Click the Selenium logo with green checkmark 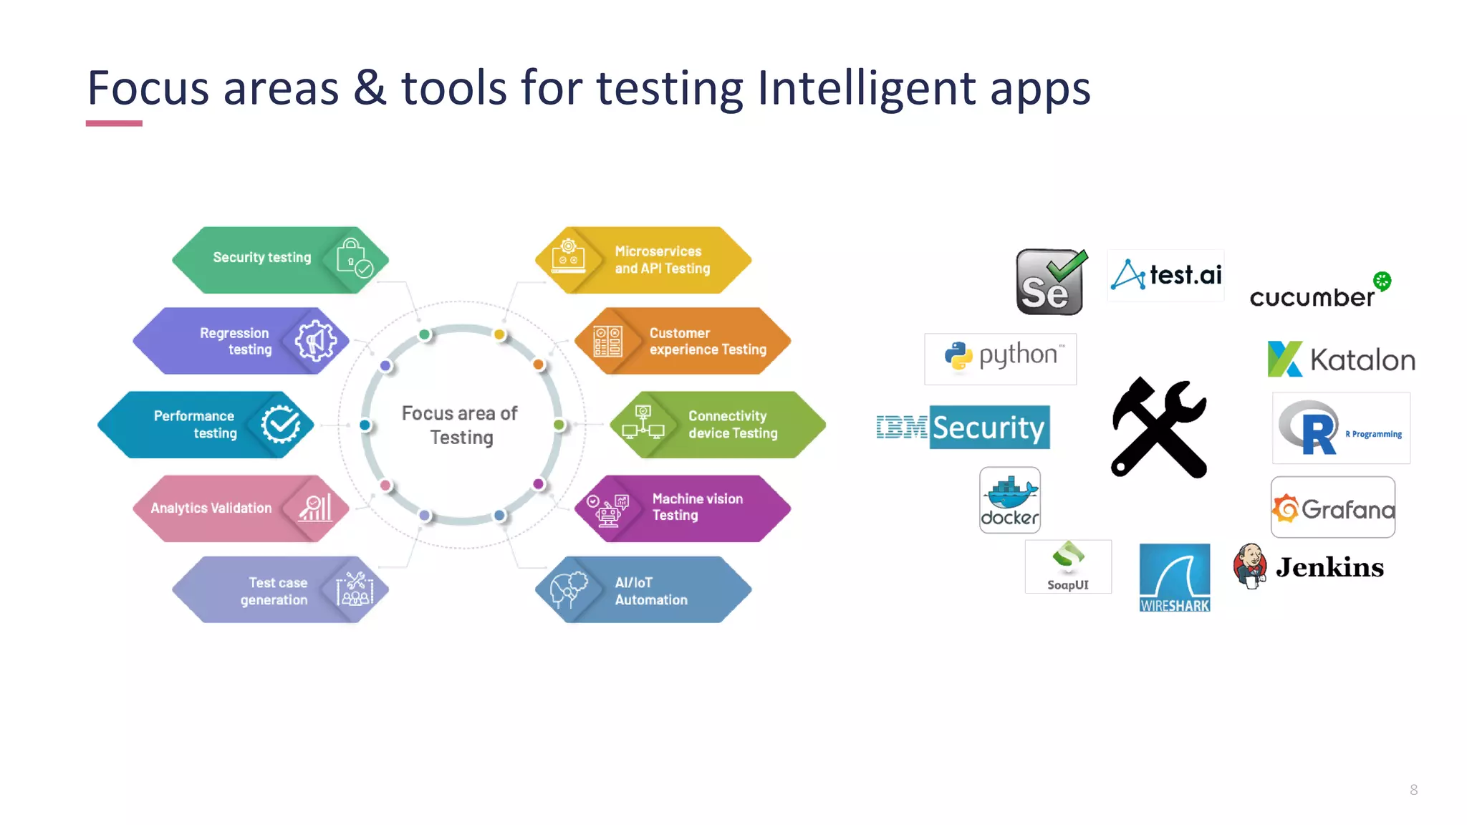[x=1050, y=282]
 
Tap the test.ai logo [x=1166, y=275]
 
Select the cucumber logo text [x=1312, y=297]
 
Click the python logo [x=1001, y=357]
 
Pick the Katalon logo [x=1341, y=359]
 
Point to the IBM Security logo [x=963, y=428]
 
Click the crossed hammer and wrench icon [x=1158, y=428]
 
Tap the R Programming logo [x=1340, y=428]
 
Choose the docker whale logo [x=1009, y=500]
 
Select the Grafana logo [x=1333, y=508]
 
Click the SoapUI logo [x=1068, y=566]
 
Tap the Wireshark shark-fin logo [x=1175, y=577]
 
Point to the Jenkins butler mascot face [x=1249, y=558]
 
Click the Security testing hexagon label [x=262, y=258]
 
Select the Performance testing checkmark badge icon [x=280, y=425]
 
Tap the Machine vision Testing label [x=697, y=507]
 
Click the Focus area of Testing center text [x=460, y=425]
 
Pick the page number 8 [x=1413, y=790]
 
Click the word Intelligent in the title [x=866, y=89]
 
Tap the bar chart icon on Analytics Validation [x=315, y=508]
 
